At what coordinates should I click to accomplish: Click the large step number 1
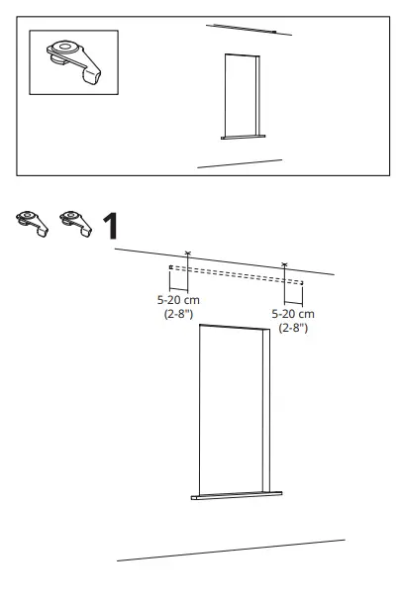pyautogui.click(x=111, y=227)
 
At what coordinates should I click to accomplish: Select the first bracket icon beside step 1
pyautogui.click(x=32, y=224)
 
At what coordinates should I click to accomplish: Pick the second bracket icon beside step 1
pyautogui.click(x=76, y=224)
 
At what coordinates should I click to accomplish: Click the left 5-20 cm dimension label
pyautogui.click(x=178, y=300)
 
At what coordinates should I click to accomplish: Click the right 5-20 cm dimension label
pyautogui.click(x=293, y=314)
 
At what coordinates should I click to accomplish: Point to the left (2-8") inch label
pyautogui.click(x=178, y=314)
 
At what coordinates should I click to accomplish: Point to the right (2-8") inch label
pyautogui.click(x=293, y=328)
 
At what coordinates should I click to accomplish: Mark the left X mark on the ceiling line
pyautogui.click(x=188, y=253)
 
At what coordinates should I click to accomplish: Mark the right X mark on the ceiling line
pyautogui.click(x=284, y=264)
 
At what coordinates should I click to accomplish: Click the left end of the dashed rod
pyautogui.click(x=170, y=267)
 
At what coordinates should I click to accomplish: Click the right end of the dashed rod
pyautogui.click(x=302, y=283)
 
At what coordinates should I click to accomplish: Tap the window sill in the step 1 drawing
pyautogui.click(x=237, y=495)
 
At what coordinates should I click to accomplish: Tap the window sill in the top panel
pyautogui.click(x=244, y=137)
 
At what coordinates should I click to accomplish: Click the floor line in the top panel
pyautogui.click(x=240, y=163)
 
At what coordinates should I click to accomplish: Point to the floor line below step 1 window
pyautogui.click(x=231, y=551)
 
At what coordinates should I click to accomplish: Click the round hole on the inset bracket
pyautogui.click(x=64, y=47)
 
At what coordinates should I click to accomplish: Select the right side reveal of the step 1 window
pyautogui.click(x=266, y=410)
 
